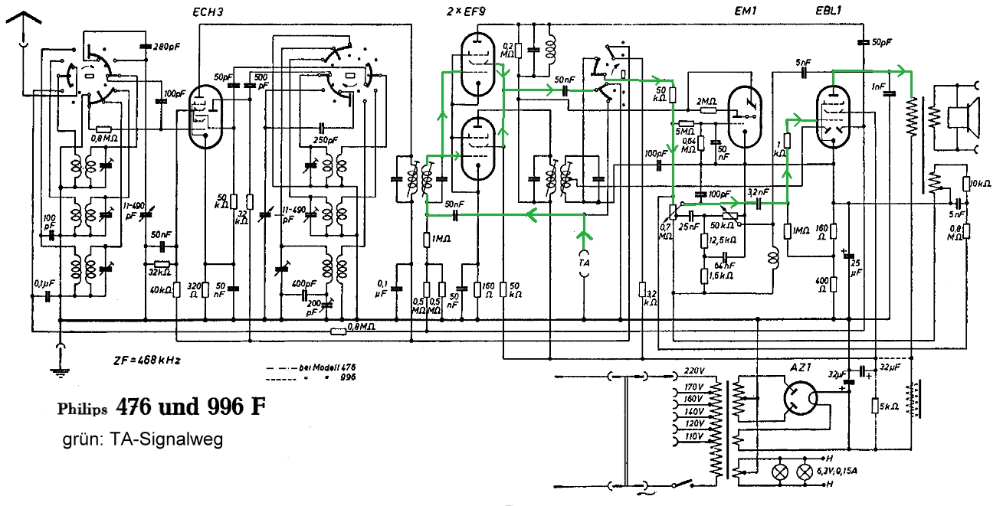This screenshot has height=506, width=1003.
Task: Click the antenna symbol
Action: coord(23,27)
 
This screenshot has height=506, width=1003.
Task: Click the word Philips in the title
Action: coord(82,409)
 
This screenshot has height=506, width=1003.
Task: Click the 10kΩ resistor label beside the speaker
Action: coord(981,184)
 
